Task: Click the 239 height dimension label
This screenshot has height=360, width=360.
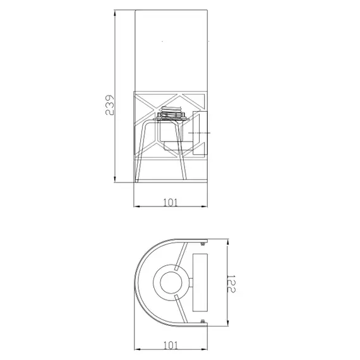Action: coord(109,105)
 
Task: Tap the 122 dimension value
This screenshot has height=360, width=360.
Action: coord(231,284)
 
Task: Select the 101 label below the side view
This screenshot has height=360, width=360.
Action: coord(170,203)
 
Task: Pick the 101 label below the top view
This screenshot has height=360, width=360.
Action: coord(171,345)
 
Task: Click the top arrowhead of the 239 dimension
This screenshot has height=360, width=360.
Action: coord(115,13)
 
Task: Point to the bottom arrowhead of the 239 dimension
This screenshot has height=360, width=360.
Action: coord(115,179)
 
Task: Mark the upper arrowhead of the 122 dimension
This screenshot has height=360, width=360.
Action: coord(228,243)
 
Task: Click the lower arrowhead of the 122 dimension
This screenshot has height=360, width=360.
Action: coord(228,323)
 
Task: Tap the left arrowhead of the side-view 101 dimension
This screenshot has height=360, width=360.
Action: coord(137,207)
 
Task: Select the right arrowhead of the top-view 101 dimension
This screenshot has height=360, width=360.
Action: coord(204,349)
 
